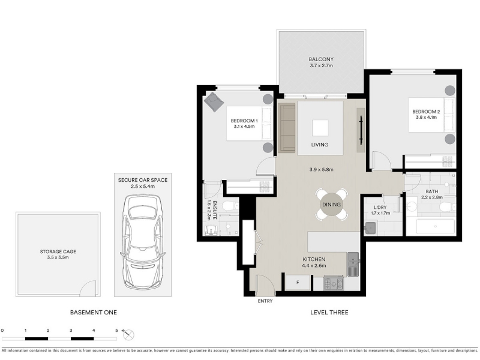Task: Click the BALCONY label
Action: pos(321,59)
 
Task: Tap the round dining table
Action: pos(332,205)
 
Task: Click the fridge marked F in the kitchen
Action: pos(298,283)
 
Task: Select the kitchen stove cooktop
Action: pos(334,283)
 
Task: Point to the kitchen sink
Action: pos(353,263)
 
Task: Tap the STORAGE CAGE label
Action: pos(58,251)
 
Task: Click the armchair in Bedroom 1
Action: pos(214,102)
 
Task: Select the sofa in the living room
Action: pos(287,128)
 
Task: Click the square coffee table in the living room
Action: pos(320,128)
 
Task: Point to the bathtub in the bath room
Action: pos(436,226)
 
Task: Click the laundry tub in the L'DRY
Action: pos(370,228)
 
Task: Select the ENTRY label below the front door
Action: pos(265,301)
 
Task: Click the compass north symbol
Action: pos(128,334)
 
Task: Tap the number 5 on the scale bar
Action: pos(116,331)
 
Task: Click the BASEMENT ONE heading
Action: pos(94,313)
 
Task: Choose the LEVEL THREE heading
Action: pos(329,313)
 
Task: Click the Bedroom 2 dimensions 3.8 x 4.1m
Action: pos(426,117)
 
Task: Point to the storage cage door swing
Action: pos(89,288)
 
